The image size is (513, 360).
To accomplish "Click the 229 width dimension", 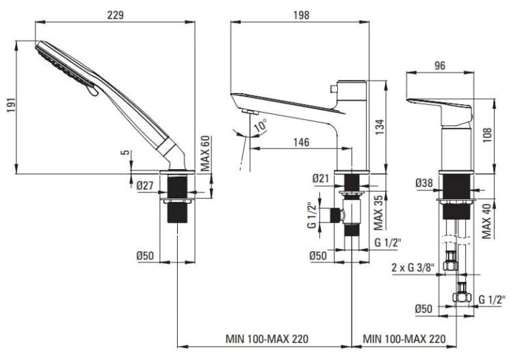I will coord(115,14).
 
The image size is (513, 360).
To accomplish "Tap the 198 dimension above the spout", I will coord(300,14).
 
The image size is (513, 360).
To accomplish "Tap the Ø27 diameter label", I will coord(143,185).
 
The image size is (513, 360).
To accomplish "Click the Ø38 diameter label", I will coord(424,183).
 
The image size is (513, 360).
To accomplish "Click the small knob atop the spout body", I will coord(332,88).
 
